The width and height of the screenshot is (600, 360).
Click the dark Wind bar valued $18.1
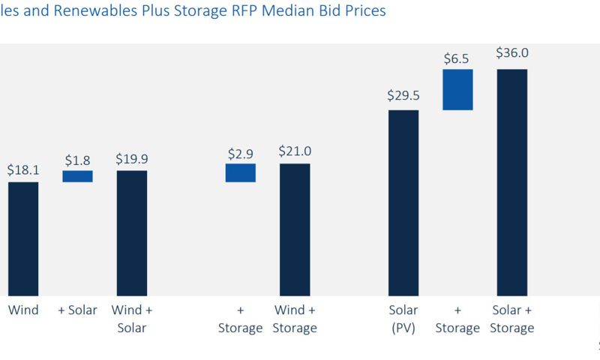click(23, 238)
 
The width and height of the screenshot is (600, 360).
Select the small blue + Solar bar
click(77, 176)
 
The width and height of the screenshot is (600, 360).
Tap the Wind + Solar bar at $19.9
click(132, 233)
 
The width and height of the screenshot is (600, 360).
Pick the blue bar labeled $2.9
click(241, 172)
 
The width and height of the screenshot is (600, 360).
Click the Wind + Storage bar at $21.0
click(295, 229)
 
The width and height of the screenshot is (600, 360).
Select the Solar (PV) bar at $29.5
click(403, 202)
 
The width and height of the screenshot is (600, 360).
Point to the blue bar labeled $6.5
click(457, 90)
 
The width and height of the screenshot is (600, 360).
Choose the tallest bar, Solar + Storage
click(512, 182)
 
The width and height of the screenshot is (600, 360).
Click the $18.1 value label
click(23, 170)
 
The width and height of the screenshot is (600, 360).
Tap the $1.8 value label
click(77, 160)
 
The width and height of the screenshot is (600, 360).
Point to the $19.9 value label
click(132, 159)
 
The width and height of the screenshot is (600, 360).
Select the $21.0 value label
click(295, 151)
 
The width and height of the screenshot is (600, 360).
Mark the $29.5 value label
click(403, 95)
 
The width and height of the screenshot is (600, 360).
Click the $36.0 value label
click(512, 53)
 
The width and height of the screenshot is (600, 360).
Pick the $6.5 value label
click(457, 56)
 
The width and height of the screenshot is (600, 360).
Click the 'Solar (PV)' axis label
click(403, 319)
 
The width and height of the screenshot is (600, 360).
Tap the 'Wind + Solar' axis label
click(132, 319)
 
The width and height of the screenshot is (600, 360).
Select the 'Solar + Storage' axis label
click(512, 319)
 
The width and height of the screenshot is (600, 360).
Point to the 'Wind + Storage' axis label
click(295, 319)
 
